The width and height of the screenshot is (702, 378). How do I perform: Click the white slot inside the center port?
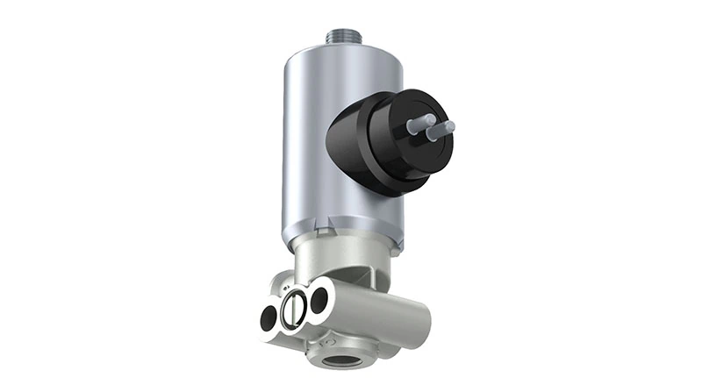pyautogui.click(x=295, y=308)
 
